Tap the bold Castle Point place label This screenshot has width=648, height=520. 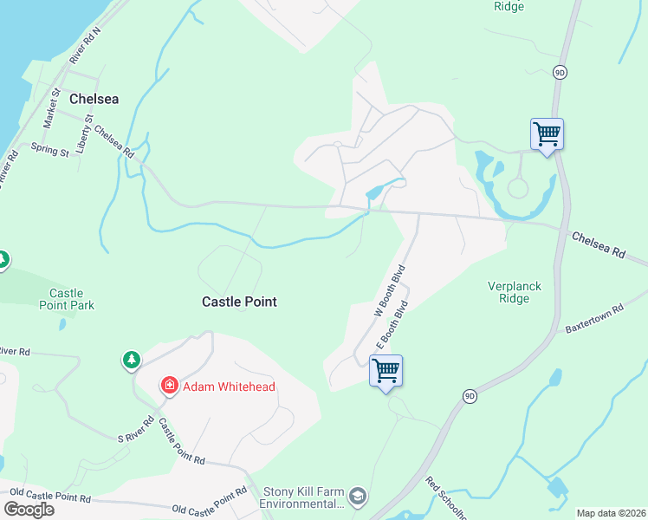[x=239, y=302]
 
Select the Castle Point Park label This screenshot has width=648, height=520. [x=67, y=299]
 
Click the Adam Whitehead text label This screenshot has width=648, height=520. [x=229, y=387]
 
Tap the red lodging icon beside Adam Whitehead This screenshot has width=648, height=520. [x=170, y=385]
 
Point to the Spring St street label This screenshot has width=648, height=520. [x=49, y=151]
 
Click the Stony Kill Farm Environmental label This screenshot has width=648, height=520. [x=304, y=497]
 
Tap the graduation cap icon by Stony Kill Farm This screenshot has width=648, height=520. [x=359, y=497]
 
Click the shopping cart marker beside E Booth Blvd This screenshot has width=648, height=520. [x=386, y=371]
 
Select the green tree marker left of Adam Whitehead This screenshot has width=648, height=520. [x=131, y=359]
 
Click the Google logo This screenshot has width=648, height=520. [x=29, y=510]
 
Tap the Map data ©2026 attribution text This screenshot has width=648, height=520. [x=610, y=513]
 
